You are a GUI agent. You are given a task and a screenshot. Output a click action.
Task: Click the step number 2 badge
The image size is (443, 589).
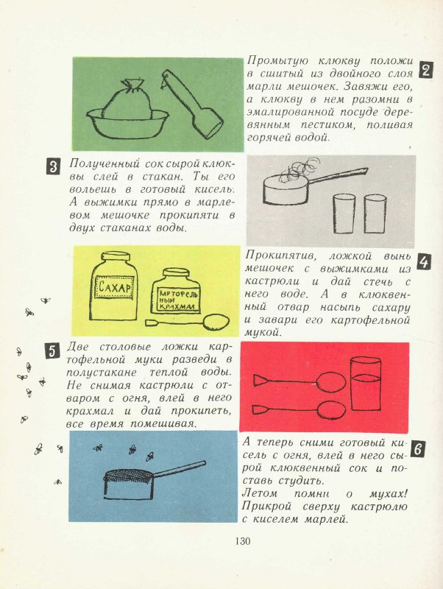pyautogui.click(x=426, y=69)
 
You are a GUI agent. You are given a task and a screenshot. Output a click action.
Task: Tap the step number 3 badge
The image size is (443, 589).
pyautogui.click(x=53, y=166)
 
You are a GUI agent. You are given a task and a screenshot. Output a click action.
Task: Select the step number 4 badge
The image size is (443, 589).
pyautogui.click(x=423, y=262)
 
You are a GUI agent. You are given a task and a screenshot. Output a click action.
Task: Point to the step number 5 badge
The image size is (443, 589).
pyautogui.click(x=52, y=350)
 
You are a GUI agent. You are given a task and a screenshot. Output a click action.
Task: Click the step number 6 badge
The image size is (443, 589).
pyautogui.click(x=419, y=449)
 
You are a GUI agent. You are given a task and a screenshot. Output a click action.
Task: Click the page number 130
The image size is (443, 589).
pyautogui.click(x=243, y=541)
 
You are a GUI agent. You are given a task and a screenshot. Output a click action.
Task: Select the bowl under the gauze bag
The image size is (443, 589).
pyautogui.click(x=127, y=124)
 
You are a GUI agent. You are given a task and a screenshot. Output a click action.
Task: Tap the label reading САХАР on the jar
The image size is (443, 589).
pyautogui.click(x=115, y=287)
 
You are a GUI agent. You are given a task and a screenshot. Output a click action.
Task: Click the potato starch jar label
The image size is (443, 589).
pyautogui.click(x=175, y=300)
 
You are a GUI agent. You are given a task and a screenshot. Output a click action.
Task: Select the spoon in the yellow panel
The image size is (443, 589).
pyautogui.click(x=188, y=322)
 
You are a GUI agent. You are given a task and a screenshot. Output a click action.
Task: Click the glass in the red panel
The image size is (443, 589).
pyautogui.click(x=365, y=384)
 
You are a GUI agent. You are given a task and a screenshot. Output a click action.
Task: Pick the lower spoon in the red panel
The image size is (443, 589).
pyautogui.click(x=300, y=409)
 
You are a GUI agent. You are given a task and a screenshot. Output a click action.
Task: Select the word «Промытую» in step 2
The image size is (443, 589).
pyautogui.click(x=277, y=61)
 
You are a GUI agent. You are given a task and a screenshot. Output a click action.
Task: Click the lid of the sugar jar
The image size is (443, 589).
pyautogui.click(x=116, y=256)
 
